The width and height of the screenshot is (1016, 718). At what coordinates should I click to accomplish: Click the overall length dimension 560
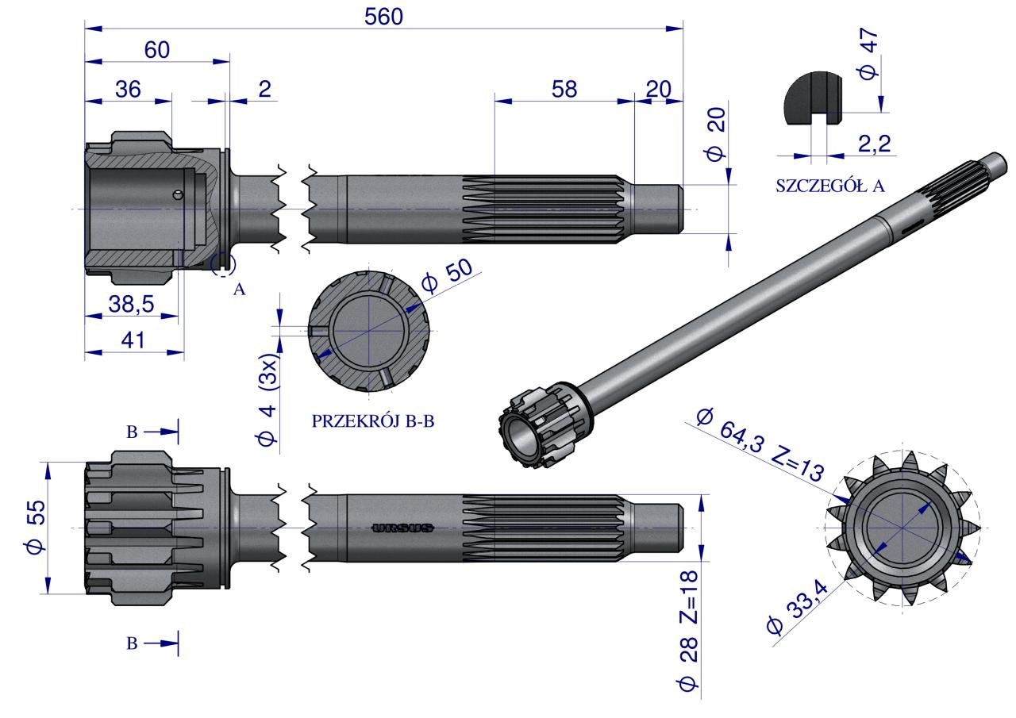click(383, 17)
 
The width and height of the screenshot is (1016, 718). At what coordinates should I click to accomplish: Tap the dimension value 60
click(157, 50)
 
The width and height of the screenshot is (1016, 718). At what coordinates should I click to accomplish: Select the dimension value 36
click(128, 90)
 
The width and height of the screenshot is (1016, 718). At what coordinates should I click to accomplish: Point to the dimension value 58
click(564, 90)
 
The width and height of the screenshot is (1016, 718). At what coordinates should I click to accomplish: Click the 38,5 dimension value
click(131, 304)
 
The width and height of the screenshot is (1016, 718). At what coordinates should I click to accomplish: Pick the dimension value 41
click(133, 340)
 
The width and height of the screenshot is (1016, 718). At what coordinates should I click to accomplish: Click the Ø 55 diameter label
click(37, 527)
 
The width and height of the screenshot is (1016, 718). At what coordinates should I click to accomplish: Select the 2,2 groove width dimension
click(875, 144)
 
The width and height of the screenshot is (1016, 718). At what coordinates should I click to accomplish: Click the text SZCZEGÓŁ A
click(830, 186)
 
